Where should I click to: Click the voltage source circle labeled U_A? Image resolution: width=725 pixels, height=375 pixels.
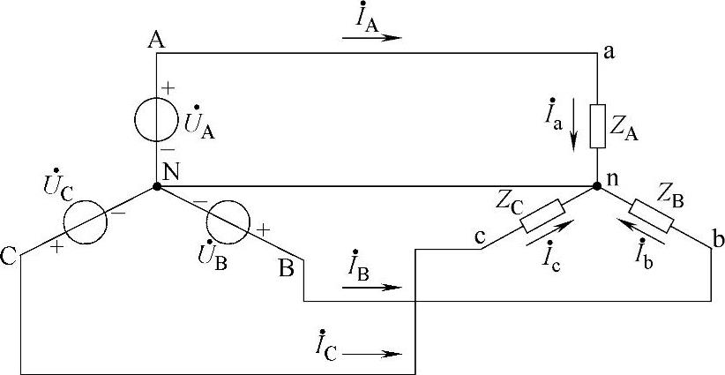pos(157,119)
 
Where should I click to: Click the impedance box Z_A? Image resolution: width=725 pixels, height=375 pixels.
pos(597,125)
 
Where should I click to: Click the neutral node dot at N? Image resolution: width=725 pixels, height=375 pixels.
pos(157,187)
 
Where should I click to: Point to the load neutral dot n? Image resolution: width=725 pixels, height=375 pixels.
pos(597,187)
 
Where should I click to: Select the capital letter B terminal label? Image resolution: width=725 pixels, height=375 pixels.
pos(287,268)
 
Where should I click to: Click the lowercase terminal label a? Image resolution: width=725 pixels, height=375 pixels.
pos(609,53)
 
